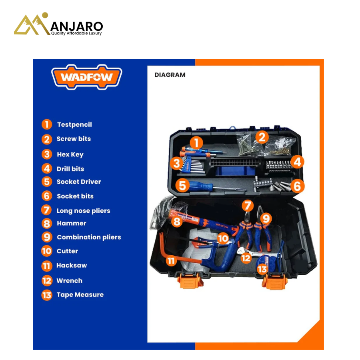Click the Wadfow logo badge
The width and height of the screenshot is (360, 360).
point(86,77)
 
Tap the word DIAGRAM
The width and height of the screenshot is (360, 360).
point(170,75)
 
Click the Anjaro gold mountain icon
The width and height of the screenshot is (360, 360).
point(32,24)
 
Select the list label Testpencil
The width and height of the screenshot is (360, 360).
point(74,125)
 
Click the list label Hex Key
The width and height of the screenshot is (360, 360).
point(70,154)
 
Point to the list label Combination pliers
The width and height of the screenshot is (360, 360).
point(89,237)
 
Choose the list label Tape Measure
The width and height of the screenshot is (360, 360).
point(80,295)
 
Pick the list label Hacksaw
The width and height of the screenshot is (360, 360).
point(72,266)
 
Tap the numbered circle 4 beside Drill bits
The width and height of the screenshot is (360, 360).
point(47,168)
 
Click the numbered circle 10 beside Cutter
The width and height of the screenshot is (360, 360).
point(47,251)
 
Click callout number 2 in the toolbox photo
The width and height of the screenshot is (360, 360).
point(262,137)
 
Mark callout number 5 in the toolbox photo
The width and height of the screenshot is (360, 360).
point(182,185)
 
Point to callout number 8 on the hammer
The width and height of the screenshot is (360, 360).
point(177,222)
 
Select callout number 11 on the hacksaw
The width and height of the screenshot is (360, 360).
point(171,261)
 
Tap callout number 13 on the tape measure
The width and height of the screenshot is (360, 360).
point(262,269)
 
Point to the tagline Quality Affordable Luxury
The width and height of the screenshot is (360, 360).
point(76,33)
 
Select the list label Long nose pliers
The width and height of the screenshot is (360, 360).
point(83,211)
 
